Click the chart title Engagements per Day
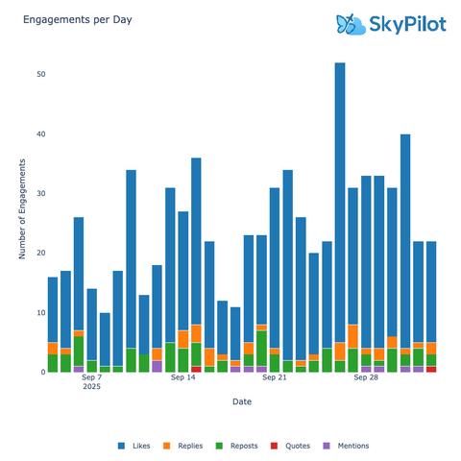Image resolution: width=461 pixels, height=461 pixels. coord(65,19)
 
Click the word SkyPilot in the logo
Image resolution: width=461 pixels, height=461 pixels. coord(407,24)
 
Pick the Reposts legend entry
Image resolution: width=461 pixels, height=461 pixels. coord(249,446)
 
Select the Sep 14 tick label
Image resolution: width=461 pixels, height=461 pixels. coord(183,378)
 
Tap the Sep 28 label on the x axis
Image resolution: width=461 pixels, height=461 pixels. coord(366,378)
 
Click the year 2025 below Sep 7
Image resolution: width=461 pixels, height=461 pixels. coord(91,388)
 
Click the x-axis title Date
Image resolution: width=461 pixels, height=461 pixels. coord(242,402)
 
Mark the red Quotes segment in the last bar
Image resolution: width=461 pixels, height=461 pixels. coord(431,369)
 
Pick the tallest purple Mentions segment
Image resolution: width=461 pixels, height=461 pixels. coord(157,366)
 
